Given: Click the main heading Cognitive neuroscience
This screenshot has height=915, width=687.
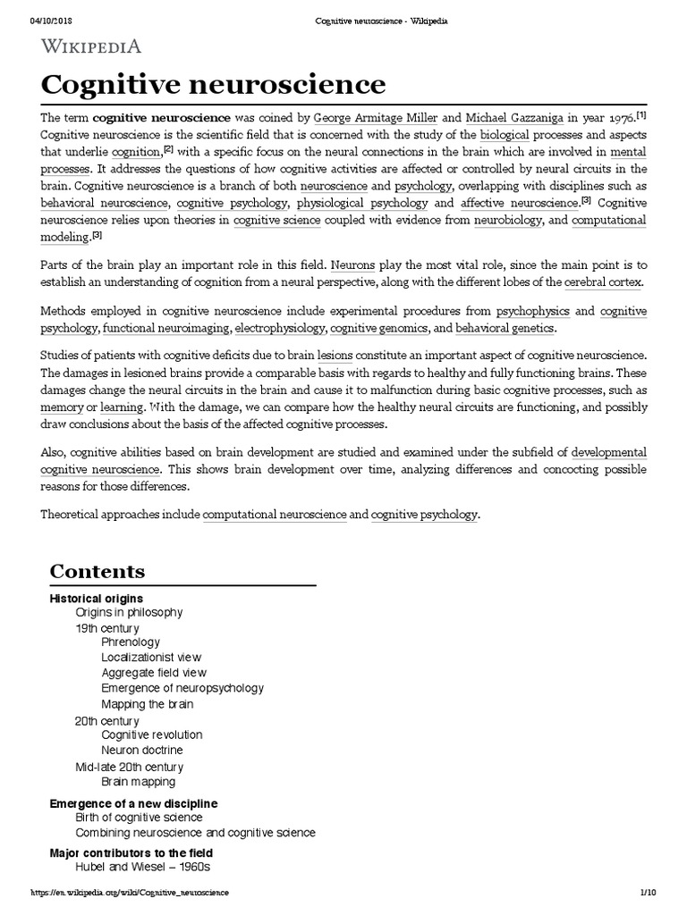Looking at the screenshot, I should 214,85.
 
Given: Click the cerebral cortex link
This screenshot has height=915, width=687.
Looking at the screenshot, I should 602,282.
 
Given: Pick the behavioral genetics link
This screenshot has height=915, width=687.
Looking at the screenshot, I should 505,328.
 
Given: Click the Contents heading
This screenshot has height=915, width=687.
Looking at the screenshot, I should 97,571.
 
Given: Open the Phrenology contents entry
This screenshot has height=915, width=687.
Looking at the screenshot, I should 131,642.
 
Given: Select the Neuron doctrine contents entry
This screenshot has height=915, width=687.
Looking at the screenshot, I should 141,751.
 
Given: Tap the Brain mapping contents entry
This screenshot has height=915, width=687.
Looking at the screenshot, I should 139,782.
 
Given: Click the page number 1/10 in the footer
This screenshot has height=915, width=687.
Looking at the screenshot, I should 649,893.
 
